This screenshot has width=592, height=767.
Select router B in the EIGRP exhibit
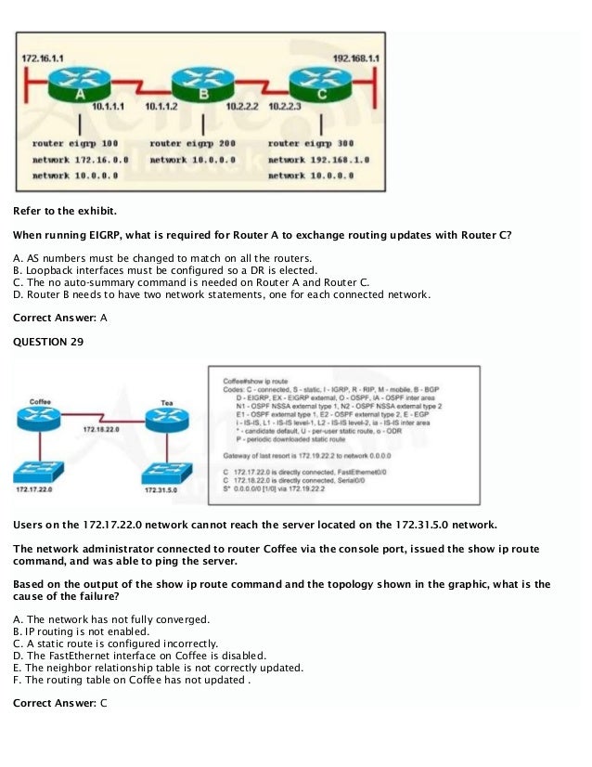[204, 86]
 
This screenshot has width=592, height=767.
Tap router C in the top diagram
[319, 86]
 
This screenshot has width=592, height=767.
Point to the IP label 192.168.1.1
[356, 58]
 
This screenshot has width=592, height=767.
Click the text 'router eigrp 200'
[192, 144]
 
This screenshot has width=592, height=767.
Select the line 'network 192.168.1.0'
[318, 160]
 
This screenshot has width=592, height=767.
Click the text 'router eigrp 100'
[75, 144]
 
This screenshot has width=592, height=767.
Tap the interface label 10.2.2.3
[285, 108]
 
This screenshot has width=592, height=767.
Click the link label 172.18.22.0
[100, 431]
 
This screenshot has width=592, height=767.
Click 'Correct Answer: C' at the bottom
[60, 703]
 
